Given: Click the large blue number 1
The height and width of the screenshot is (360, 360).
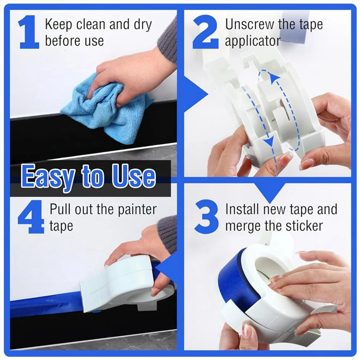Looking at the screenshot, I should (29, 32).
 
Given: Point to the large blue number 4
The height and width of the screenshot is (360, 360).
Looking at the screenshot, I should (31, 217).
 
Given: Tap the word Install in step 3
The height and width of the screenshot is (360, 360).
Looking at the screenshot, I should (242, 209).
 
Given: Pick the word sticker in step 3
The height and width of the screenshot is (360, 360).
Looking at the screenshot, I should (304, 226).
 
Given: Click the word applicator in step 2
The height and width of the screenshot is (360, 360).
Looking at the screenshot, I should (252, 41).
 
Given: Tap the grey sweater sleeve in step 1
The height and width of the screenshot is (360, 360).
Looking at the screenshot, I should (168, 40).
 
